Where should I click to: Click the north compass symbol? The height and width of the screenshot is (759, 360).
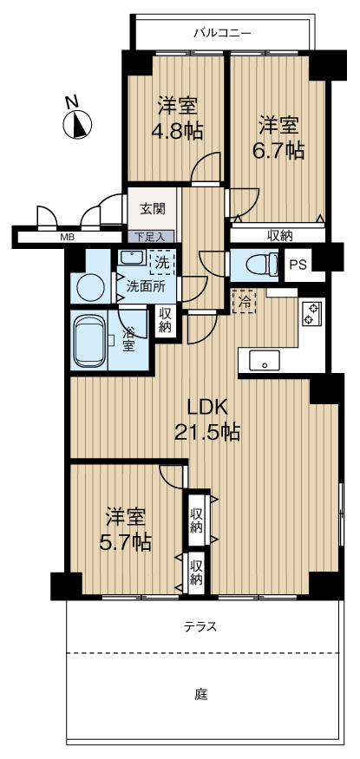pyautogui.click(x=77, y=123)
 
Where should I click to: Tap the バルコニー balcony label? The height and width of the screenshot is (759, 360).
pyautogui.click(x=222, y=34)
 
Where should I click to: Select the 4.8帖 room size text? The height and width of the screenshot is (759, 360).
pyautogui.click(x=178, y=131)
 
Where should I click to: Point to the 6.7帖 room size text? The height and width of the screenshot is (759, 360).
pyautogui.click(x=278, y=152)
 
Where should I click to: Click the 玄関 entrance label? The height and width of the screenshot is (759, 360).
pyautogui.click(x=153, y=209)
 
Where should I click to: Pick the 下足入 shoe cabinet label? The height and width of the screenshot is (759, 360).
pyautogui.click(x=150, y=237)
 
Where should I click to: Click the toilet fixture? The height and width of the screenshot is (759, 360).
pyautogui.click(x=262, y=265)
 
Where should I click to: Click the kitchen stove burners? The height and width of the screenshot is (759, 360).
pyautogui.click(x=311, y=313)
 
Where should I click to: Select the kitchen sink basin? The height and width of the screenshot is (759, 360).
pyautogui.click(x=265, y=360)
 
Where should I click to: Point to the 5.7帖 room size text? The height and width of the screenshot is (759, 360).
pyautogui.click(x=125, y=543)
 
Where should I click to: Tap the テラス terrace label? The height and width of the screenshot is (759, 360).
pyautogui.click(x=200, y=627)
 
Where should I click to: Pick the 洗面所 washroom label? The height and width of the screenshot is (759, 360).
pyautogui.click(x=145, y=285)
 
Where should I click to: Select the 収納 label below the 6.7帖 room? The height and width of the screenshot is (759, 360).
pyautogui.click(x=279, y=236)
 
